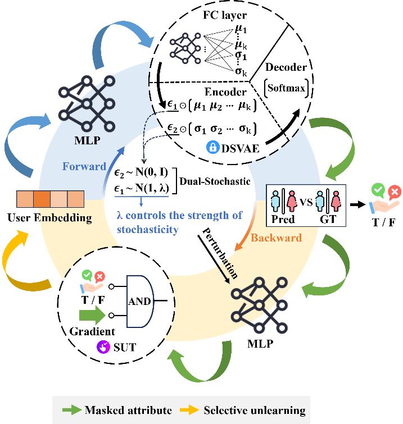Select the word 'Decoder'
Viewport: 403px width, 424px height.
[x=287, y=67]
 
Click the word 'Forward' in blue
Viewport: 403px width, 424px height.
[x=84, y=166]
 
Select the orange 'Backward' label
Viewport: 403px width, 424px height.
[x=277, y=238]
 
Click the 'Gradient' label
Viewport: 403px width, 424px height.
[x=92, y=331]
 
